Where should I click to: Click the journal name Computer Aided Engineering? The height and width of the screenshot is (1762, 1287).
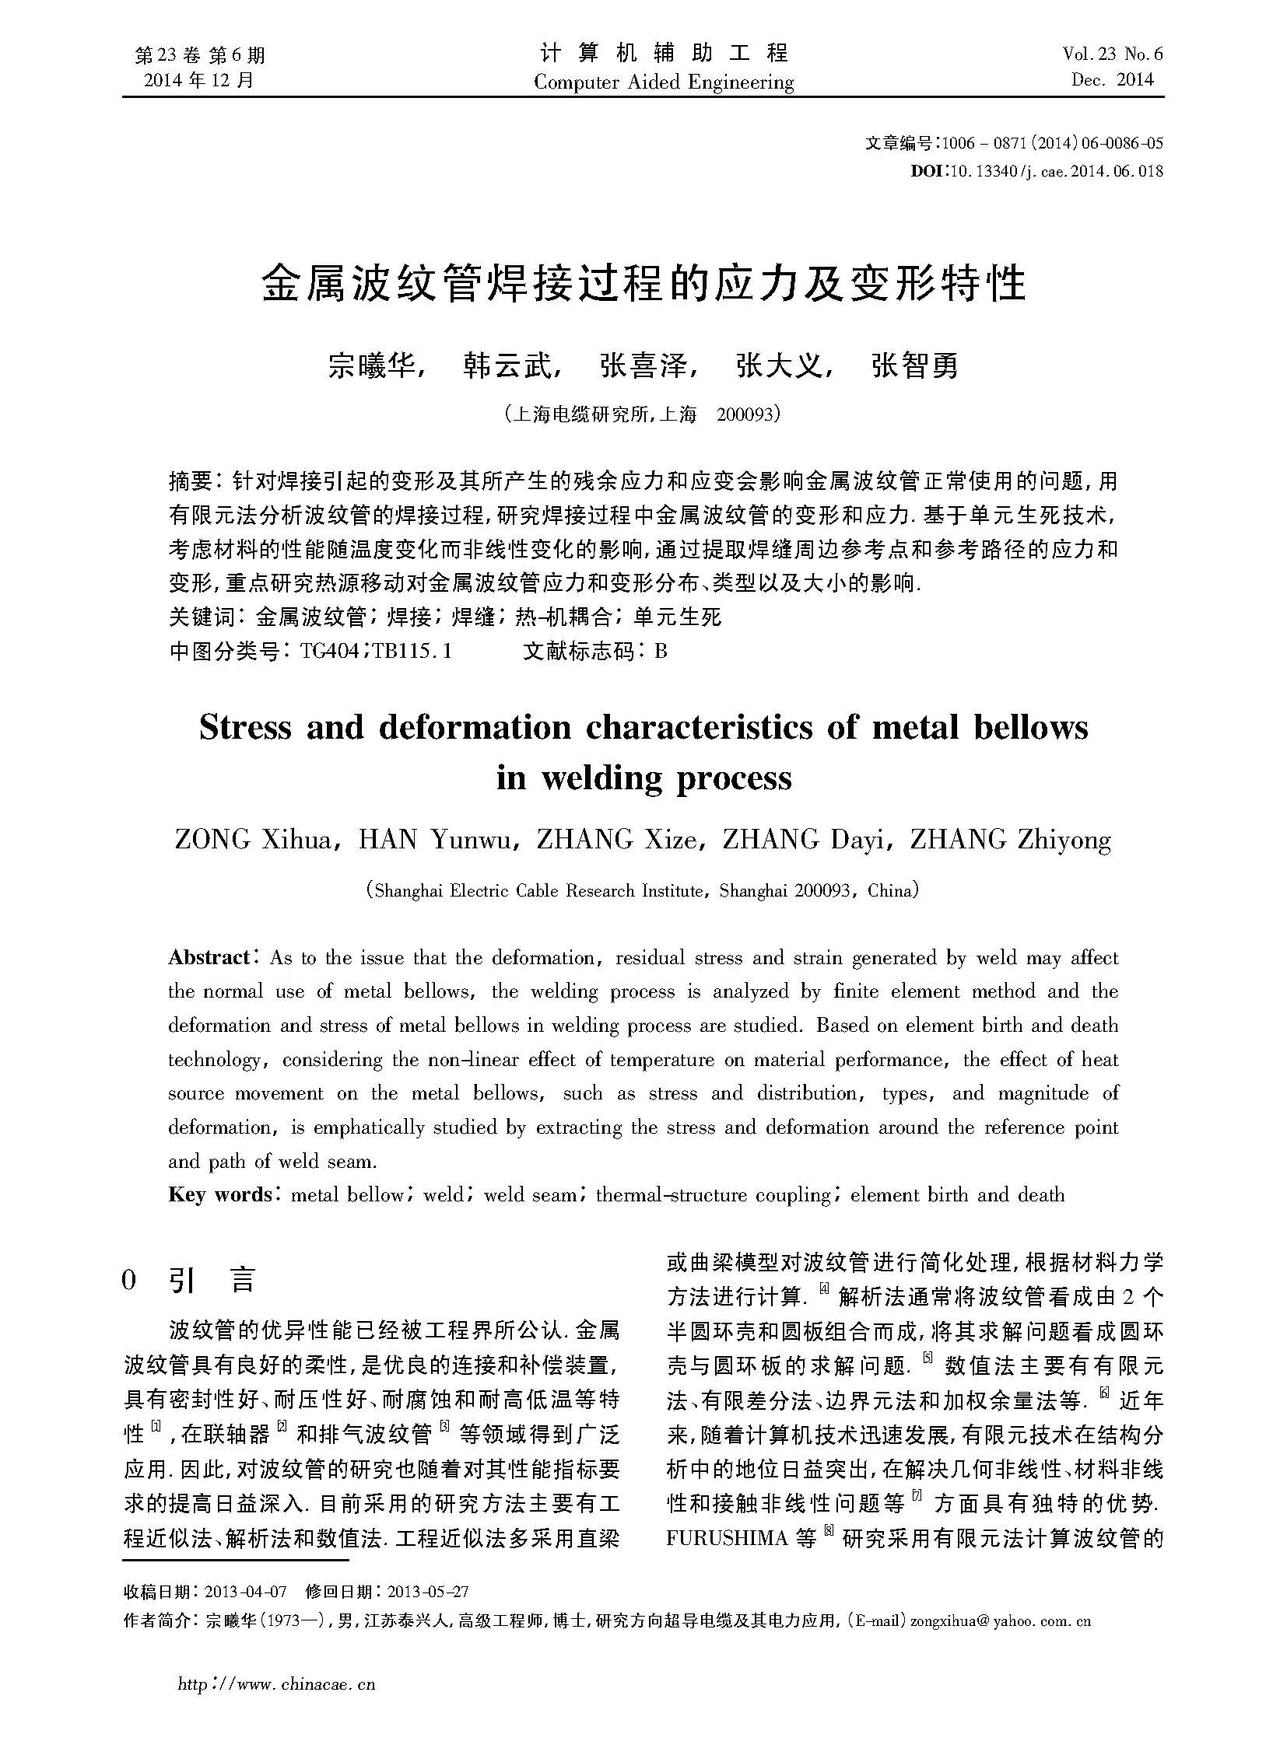pyautogui.click(x=664, y=82)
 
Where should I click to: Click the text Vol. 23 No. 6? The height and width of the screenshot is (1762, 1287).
pyautogui.click(x=1112, y=54)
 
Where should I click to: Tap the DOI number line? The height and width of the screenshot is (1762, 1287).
pyautogui.click(x=1036, y=171)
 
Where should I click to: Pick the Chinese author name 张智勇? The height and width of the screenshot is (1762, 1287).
pyautogui.click(x=914, y=365)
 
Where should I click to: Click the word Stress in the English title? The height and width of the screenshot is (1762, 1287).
pyautogui.click(x=245, y=727)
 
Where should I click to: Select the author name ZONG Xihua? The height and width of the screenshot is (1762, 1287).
pyautogui.click(x=253, y=840)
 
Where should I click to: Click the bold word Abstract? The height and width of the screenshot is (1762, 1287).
pyautogui.click(x=209, y=958)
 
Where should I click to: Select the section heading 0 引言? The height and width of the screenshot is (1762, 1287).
pyautogui.click(x=189, y=1280)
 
